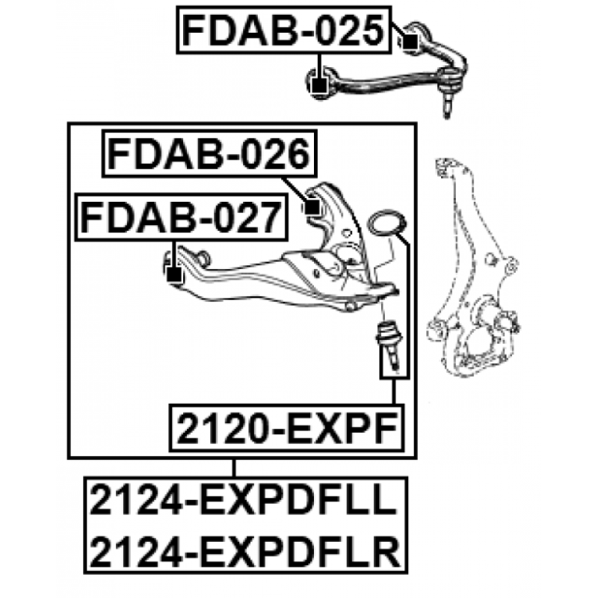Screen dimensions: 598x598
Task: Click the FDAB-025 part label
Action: (x=285, y=30)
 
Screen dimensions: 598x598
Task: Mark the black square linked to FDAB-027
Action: (x=173, y=277)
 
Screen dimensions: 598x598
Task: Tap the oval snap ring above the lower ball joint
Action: (x=386, y=222)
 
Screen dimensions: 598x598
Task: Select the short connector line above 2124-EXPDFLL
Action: (x=235, y=468)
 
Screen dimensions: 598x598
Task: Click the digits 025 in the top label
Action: (x=351, y=30)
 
